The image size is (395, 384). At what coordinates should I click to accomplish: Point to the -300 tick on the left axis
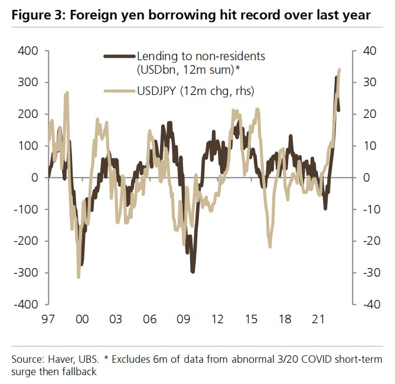(x=27, y=273)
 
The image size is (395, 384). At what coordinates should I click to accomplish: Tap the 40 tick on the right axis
(x=367, y=51)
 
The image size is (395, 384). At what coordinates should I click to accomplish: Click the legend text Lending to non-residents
(x=201, y=57)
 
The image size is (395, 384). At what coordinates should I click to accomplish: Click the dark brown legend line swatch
(x=120, y=57)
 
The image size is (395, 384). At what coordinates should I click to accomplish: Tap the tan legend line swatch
(x=120, y=91)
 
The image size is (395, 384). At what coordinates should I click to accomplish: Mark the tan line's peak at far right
(x=339, y=70)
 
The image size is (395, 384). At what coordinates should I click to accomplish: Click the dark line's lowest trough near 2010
(x=192, y=271)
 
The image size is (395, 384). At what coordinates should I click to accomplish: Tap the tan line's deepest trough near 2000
(x=79, y=277)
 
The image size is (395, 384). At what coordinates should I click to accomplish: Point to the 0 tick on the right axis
(x=363, y=178)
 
